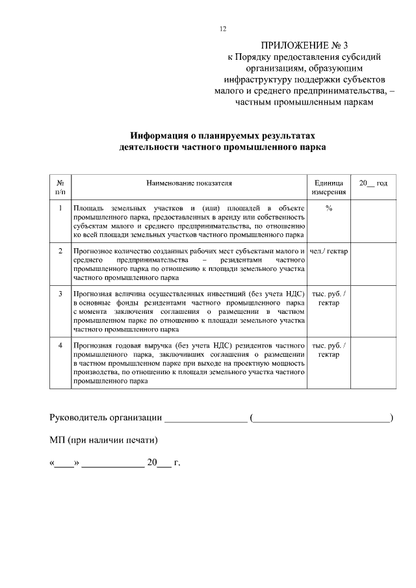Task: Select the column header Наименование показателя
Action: click(188, 184)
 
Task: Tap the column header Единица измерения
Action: click(328, 188)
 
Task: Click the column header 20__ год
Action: click(373, 184)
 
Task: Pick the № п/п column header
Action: click(60, 188)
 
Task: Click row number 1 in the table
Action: click(60, 208)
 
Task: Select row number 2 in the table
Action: click(60, 251)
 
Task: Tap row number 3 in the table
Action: click(60, 294)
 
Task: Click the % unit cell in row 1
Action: click(328, 208)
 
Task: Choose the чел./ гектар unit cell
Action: click(328, 251)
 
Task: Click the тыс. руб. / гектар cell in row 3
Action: click(328, 298)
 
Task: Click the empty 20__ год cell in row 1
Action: click(373, 221)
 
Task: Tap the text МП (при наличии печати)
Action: click(104, 440)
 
